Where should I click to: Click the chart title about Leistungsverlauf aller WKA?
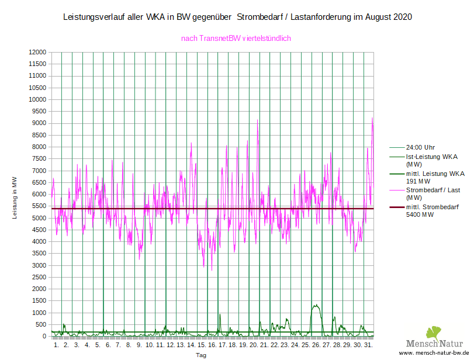237,18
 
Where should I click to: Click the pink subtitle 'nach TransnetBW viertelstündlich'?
236,39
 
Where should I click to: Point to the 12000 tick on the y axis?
37,52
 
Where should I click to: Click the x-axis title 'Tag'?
200,355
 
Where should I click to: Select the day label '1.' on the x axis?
56,345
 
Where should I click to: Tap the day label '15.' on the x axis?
202,345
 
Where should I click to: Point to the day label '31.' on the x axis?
368,345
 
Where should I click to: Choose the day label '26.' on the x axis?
316,345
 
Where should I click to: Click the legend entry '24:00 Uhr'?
420,147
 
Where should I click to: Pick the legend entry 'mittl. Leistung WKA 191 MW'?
435,177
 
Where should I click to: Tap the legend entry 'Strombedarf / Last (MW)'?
433,193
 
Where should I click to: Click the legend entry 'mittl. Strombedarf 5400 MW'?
432,210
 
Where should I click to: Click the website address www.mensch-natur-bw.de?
434,354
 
